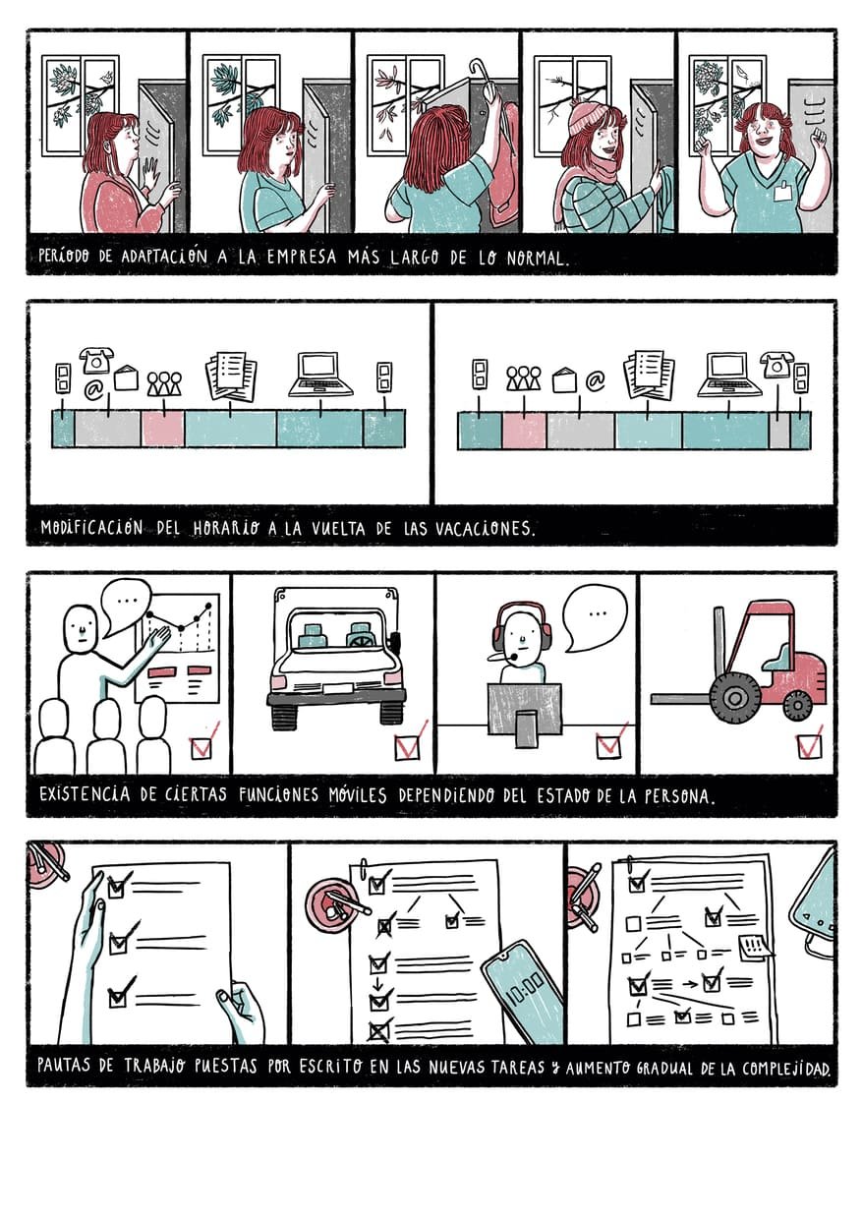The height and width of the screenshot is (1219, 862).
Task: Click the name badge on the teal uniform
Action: point(783,192)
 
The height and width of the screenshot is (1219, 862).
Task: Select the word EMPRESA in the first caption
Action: point(302,257)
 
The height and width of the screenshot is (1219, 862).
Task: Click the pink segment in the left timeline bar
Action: point(163,429)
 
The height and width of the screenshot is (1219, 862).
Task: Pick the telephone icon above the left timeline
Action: point(96,360)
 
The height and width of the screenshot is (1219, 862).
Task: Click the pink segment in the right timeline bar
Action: point(524,430)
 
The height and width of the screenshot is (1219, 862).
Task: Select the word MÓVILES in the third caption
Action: point(358,794)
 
